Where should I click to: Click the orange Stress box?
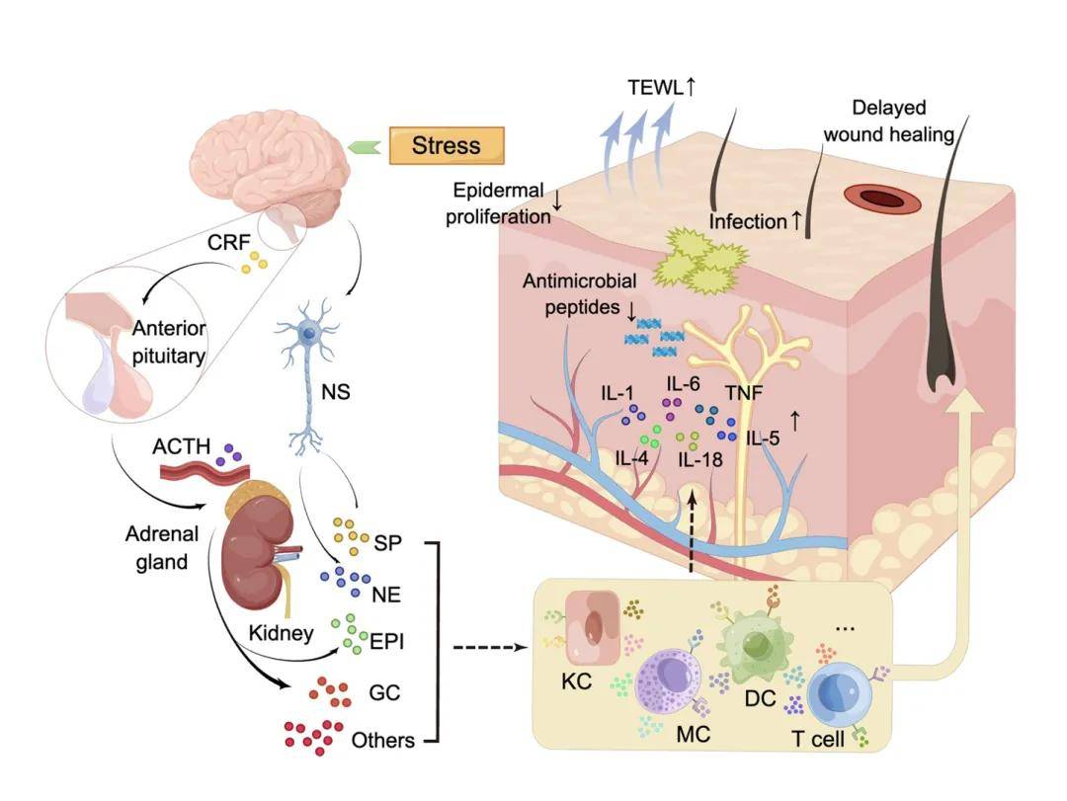pyautogui.click(x=447, y=146)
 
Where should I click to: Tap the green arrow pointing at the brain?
pyautogui.click(x=366, y=146)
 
